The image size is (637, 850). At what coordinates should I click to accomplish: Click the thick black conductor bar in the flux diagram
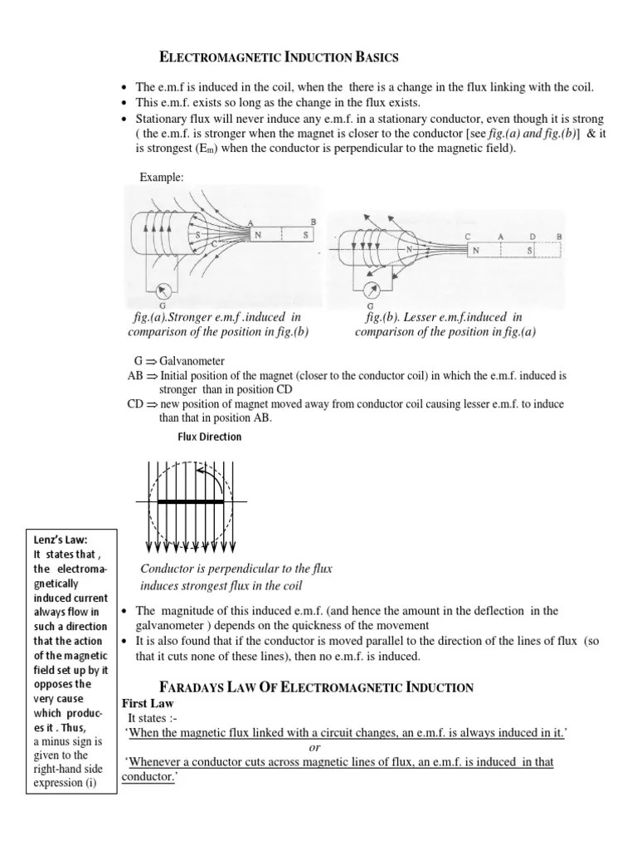pos(191,502)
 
